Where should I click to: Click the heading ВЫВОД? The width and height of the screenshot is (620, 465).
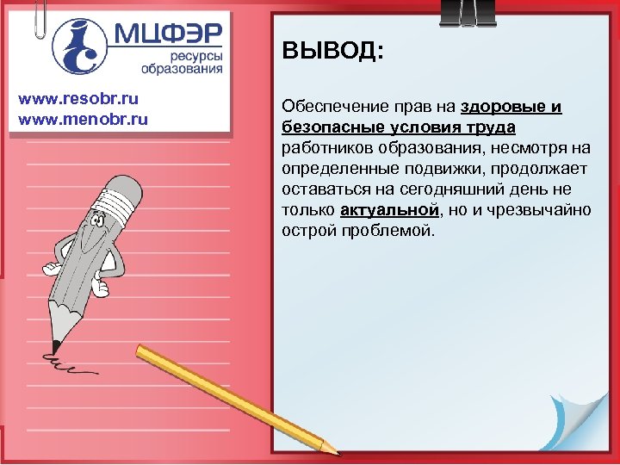[332, 53]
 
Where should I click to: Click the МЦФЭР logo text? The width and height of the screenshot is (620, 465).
[168, 34]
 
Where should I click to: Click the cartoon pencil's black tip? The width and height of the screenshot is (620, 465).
[55, 345]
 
